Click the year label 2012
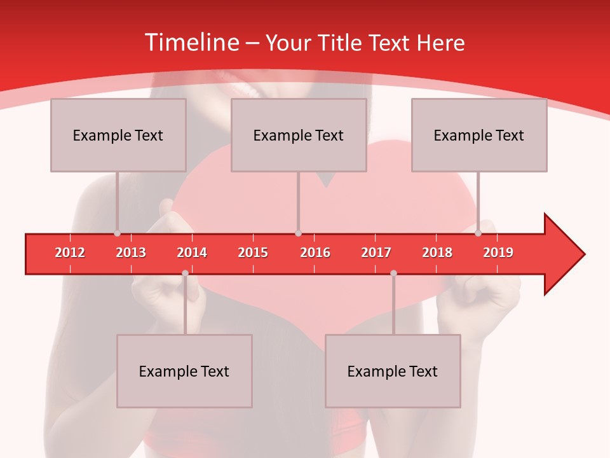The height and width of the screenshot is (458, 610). pyautogui.click(x=70, y=253)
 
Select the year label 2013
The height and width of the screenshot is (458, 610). pyautogui.click(x=131, y=253)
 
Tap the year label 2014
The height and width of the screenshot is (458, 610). pyautogui.click(x=192, y=253)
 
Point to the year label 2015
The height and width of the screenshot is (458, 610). pyautogui.click(x=253, y=253)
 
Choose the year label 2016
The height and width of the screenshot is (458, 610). pyautogui.click(x=315, y=253)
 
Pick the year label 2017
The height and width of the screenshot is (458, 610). pyautogui.click(x=376, y=253)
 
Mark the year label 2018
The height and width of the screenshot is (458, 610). pyautogui.click(x=437, y=253)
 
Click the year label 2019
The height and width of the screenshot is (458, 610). pyautogui.click(x=498, y=253)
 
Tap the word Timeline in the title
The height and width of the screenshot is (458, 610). pyautogui.click(x=191, y=43)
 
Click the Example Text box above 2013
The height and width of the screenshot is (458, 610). pyautogui.click(x=118, y=135)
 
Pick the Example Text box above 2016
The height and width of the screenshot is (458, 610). pyautogui.click(x=299, y=135)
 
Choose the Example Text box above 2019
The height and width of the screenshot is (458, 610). pyautogui.click(x=479, y=135)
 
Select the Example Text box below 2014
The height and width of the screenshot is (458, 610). pyautogui.click(x=184, y=371)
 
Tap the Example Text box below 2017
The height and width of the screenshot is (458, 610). pyautogui.click(x=393, y=371)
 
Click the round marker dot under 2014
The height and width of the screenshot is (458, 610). pyautogui.click(x=185, y=273)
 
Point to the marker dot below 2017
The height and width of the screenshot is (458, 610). pyautogui.click(x=393, y=273)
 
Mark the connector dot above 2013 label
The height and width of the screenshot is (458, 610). pyautogui.click(x=117, y=233)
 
